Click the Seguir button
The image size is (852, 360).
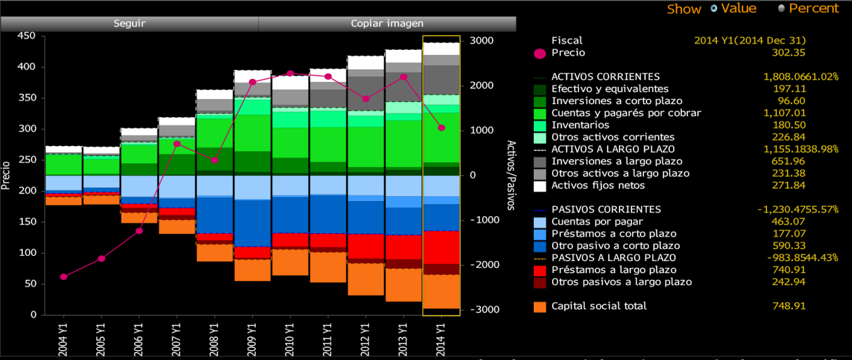(129, 23)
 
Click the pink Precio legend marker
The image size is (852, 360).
(539, 54)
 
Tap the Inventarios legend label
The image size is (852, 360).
(580, 125)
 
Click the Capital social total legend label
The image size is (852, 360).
(599, 306)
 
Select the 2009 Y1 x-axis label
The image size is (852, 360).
(252, 337)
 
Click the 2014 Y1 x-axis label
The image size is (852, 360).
(441, 337)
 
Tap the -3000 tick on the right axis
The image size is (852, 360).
(481, 310)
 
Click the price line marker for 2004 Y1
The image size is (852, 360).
(64, 277)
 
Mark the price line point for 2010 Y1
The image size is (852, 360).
(290, 74)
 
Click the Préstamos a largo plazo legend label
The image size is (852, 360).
(606, 270)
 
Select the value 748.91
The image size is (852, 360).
(790, 306)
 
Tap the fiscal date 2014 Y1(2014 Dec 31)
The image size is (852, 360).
(750, 40)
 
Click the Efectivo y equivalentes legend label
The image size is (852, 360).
(609, 89)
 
